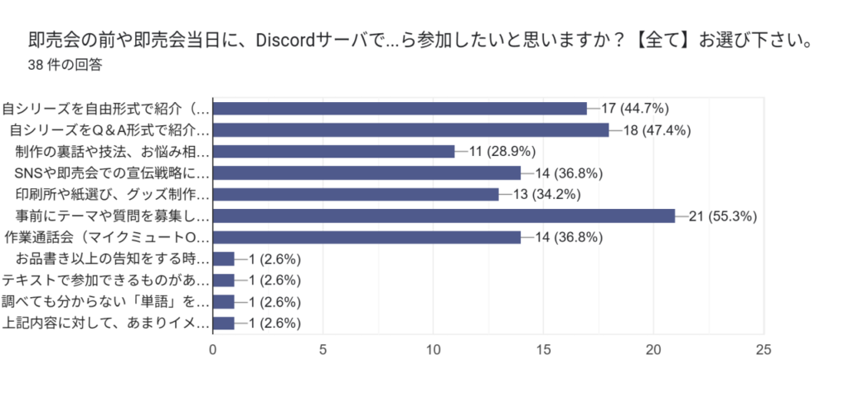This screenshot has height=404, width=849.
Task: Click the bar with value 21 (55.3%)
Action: coord(444,216)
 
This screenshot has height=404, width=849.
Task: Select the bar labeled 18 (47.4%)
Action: coord(410,129)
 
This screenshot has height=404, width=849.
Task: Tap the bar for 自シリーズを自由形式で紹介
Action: coord(400,108)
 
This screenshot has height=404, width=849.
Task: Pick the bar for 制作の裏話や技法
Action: coord(334,151)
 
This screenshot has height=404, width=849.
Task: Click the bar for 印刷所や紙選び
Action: coord(356,194)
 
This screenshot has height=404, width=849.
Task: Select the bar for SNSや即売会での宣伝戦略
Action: coord(366,173)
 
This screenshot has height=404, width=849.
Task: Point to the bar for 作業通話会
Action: coord(366,237)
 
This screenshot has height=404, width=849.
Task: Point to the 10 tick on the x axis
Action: coord(433,349)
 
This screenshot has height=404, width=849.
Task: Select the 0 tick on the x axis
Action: coord(213,349)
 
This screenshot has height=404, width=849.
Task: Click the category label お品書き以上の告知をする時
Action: coord(113,259)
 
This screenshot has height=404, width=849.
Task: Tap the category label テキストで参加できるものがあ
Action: coord(106,280)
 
